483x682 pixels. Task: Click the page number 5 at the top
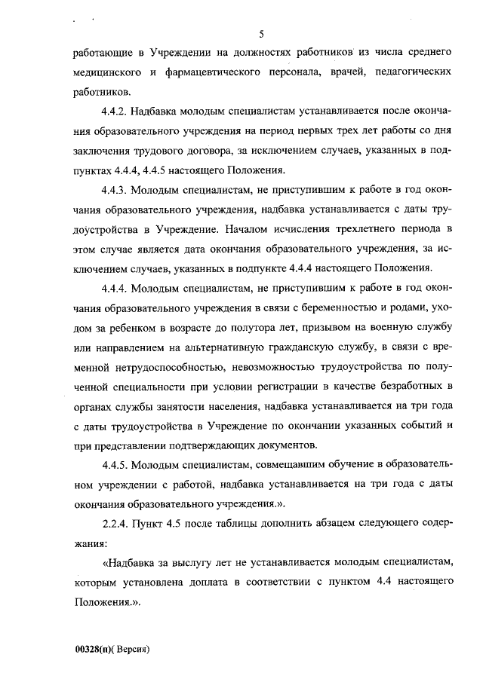260,34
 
